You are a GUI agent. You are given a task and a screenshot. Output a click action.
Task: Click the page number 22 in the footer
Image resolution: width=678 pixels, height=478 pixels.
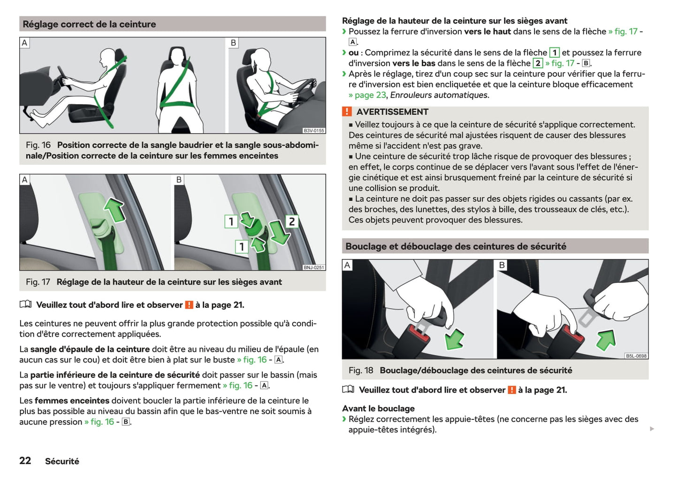point(25,461)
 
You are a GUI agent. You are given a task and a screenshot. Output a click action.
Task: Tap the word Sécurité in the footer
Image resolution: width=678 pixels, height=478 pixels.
point(62,461)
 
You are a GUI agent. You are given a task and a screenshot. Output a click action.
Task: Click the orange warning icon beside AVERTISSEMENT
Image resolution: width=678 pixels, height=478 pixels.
point(347,111)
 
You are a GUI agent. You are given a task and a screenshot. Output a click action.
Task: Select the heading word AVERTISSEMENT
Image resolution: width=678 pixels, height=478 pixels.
point(392,112)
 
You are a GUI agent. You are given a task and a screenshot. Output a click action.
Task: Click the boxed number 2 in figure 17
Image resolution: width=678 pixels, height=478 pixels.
point(292,221)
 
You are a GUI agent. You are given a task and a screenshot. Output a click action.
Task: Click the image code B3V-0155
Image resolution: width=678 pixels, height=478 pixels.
point(314,131)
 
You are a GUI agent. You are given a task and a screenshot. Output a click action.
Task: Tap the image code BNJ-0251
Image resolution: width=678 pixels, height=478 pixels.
point(314,267)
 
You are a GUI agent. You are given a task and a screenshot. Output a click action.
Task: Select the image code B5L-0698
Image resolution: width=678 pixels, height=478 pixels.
point(636,356)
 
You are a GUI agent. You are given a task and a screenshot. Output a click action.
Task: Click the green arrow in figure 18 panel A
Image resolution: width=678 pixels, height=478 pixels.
point(454,339)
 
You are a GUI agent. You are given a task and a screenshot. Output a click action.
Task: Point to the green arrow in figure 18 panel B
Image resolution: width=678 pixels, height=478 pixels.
point(606,340)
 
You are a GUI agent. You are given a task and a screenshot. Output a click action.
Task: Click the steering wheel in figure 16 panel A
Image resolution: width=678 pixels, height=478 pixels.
point(64,78)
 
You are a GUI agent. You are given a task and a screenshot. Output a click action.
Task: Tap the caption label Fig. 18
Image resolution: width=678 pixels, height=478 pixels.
point(360,370)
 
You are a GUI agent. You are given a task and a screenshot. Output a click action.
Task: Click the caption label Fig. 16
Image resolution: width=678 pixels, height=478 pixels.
point(38,145)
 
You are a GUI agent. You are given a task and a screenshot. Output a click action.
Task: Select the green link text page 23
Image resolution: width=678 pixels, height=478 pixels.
point(370,95)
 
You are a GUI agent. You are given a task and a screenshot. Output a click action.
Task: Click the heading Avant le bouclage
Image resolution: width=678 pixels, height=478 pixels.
point(378,409)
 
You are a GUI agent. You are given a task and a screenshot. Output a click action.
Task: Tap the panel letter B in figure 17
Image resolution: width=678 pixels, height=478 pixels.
point(179,180)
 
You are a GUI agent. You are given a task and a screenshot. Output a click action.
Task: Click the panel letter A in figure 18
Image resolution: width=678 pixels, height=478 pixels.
point(347,265)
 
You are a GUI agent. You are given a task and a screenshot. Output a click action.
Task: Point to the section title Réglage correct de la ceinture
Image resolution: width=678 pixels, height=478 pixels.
point(89,24)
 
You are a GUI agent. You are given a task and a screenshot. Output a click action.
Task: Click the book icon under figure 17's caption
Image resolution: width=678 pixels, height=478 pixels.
point(25,304)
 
